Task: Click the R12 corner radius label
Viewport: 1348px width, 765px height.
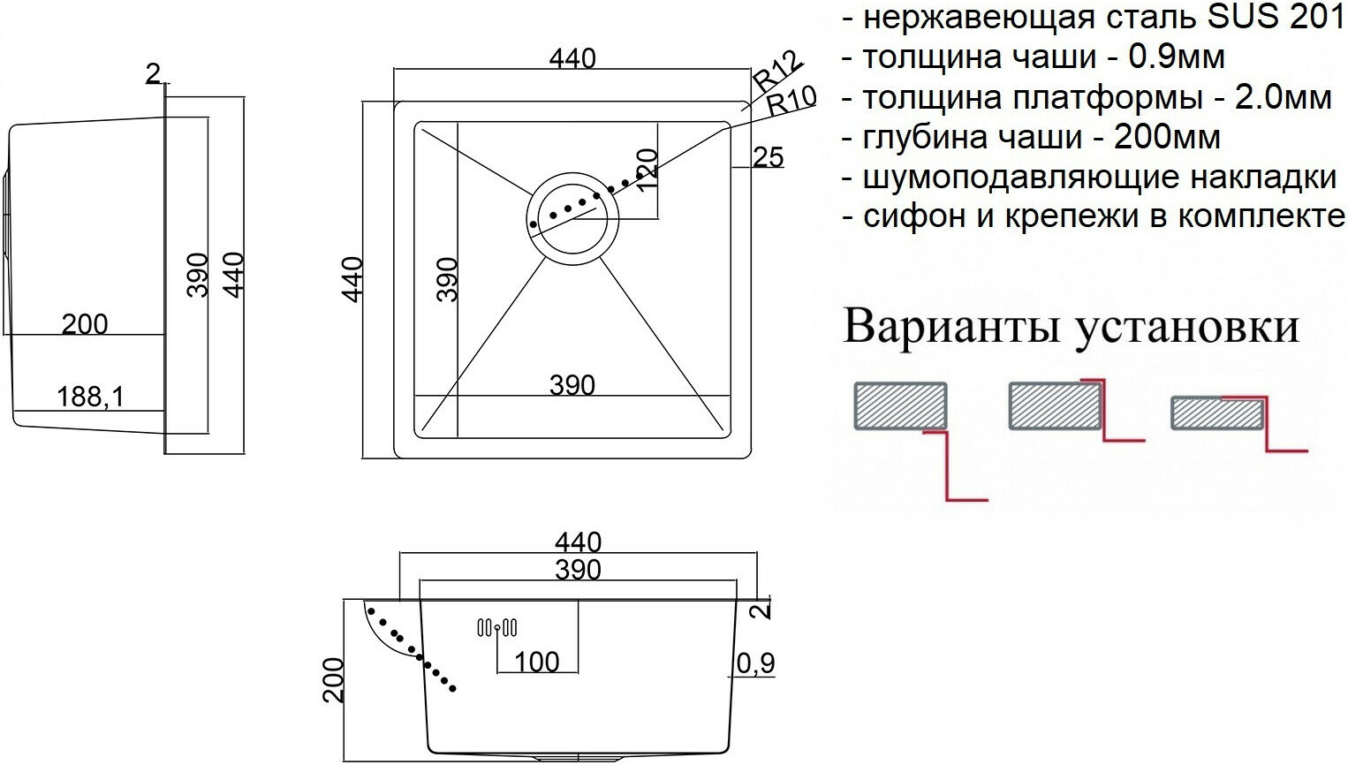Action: click(778, 70)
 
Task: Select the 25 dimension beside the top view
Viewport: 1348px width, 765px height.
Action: click(769, 157)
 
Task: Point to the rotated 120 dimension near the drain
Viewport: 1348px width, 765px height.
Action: click(647, 169)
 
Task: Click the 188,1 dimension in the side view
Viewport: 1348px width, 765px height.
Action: click(90, 397)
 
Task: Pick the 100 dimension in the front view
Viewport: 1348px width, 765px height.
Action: click(536, 662)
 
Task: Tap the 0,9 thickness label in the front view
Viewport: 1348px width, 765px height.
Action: click(756, 663)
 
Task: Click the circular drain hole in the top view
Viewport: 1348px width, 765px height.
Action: click(572, 215)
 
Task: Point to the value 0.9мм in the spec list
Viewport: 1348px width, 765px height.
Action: click(1177, 57)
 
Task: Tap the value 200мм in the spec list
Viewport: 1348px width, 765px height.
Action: click(1167, 137)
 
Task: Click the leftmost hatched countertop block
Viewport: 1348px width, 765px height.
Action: click(900, 405)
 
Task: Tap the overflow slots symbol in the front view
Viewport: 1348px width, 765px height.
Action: click(497, 628)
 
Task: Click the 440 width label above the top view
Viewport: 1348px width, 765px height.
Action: click(572, 58)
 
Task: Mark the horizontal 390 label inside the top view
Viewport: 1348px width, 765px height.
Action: click(572, 385)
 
